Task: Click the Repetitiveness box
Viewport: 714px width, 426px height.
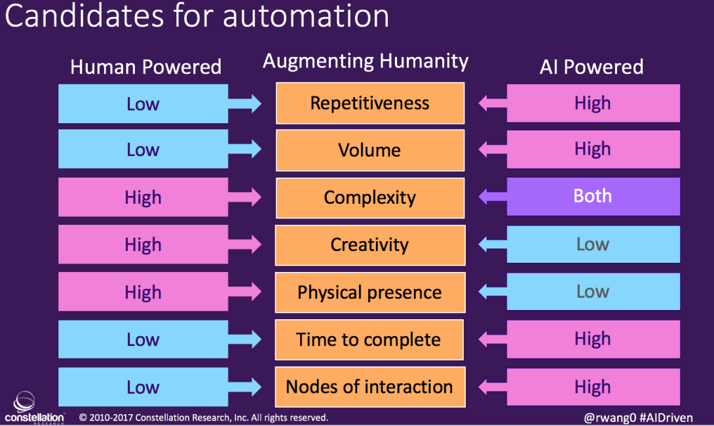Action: [370, 103]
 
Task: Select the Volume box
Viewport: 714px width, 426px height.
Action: [370, 150]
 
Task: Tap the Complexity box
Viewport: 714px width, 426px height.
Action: [370, 198]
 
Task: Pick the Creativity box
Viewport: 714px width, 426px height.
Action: [370, 245]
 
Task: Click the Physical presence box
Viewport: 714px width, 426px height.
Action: [370, 292]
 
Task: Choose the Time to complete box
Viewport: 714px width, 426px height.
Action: [369, 340]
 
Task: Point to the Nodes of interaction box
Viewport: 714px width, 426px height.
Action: [370, 387]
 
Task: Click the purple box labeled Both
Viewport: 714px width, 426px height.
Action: [593, 197]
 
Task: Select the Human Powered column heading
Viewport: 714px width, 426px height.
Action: [145, 67]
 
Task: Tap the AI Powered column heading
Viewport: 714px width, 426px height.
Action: [592, 67]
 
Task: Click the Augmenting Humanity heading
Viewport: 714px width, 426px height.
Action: [366, 61]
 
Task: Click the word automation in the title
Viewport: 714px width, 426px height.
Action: [306, 16]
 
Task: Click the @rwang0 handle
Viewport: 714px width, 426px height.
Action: [610, 417]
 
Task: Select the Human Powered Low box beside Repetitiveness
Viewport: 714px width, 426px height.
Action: [143, 104]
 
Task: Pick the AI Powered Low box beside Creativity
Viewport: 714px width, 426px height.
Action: [593, 244]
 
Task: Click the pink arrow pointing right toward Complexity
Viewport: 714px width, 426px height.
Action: [245, 197]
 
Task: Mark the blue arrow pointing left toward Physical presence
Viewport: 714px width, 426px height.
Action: [493, 292]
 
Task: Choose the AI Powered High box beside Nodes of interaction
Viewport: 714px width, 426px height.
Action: [593, 387]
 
